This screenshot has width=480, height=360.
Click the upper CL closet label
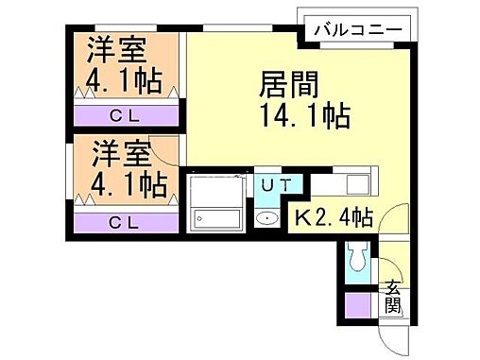pyautogui.click(x=124, y=116)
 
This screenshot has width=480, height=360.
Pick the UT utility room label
pyautogui.click(x=267, y=184)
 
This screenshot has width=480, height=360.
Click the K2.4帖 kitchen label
pyautogui.click(x=332, y=218)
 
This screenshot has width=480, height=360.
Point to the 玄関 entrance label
pyautogui.click(x=392, y=298)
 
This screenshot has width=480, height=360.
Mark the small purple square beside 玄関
pyautogui.click(x=358, y=305)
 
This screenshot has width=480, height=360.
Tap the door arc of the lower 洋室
pyautogui.click(x=166, y=149)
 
